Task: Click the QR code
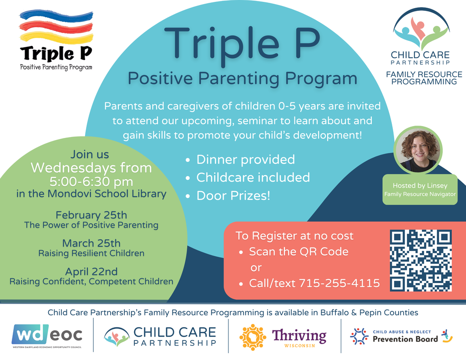[x=420, y=260]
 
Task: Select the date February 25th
[x=91, y=215]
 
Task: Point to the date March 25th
[x=91, y=243]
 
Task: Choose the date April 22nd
[x=91, y=272]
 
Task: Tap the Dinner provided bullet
[x=245, y=160]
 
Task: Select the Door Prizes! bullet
[x=233, y=196]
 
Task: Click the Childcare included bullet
[x=253, y=177]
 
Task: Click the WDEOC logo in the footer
[x=47, y=335]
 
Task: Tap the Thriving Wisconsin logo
[x=283, y=337]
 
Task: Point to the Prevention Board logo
[x=401, y=336]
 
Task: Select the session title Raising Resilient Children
[x=91, y=253]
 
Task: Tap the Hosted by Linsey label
[x=420, y=185]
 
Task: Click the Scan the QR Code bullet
[x=298, y=252]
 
